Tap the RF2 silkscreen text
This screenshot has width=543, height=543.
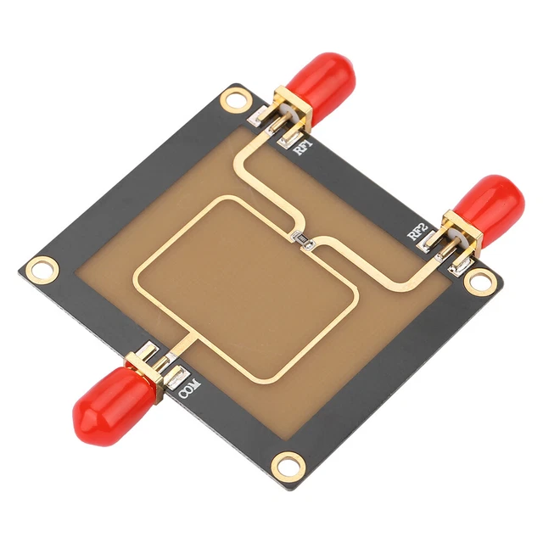point(416,231)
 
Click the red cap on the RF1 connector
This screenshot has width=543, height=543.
point(319,76)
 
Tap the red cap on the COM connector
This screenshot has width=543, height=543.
point(102,408)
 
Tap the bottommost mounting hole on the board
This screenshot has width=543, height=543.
point(288,463)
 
